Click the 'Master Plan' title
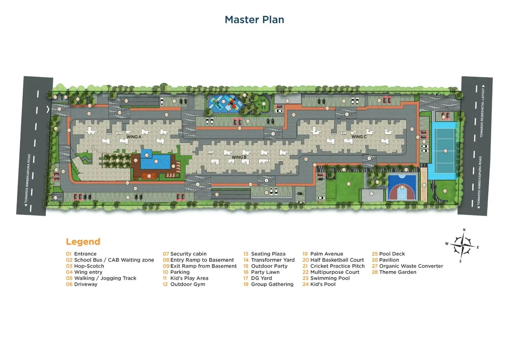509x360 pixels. click(x=254, y=20)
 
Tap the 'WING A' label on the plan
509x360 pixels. click(x=134, y=137)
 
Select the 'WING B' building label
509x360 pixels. click(x=239, y=157)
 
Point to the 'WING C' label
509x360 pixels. click(x=359, y=137)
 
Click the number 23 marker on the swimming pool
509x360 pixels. click(x=156, y=162)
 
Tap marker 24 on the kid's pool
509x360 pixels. click(x=147, y=155)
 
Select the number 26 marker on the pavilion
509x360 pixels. click(x=149, y=176)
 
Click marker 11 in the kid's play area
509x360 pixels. click(x=224, y=101)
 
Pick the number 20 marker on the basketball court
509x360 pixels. click(x=402, y=187)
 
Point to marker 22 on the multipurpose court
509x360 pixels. click(x=445, y=151)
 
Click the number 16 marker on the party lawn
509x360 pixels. click(x=348, y=184)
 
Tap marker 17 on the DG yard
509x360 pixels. click(x=371, y=194)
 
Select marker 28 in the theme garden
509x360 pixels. click(x=445, y=191)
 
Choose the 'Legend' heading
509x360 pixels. click(x=83, y=242)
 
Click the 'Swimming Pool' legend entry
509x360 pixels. click(x=329, y=278)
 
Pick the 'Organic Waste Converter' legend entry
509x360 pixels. click(x=411, y=266)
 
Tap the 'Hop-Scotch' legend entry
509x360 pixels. click(x=89, y=266)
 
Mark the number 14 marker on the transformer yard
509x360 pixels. click(x=287, y=101)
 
